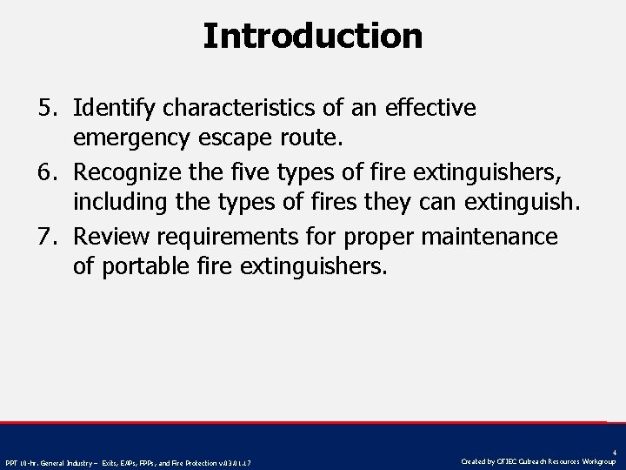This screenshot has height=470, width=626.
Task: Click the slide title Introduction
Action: point(313,37)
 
